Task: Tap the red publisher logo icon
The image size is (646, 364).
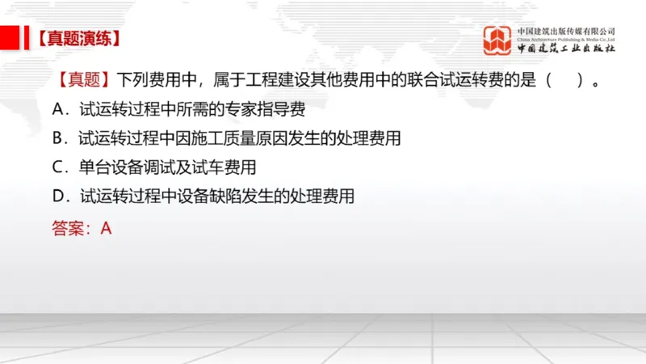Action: tap(498, 40)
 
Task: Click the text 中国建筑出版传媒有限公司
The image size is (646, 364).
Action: tap(566, 31)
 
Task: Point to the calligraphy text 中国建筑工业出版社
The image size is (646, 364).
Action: tap(566, 48)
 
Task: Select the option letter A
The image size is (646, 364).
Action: tap(57, 108)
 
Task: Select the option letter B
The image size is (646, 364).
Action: tap(57, 138)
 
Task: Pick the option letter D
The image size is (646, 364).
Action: tap(57, 197)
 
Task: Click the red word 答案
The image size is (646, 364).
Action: tap(68, 228)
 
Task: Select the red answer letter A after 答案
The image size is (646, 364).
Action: tap(105, 228)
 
